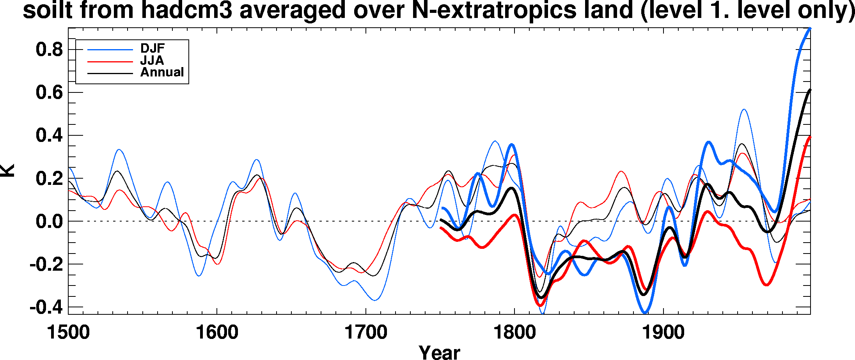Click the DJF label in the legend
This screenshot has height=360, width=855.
[x=153, y=48]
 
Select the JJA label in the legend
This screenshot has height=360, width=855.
[x=152, y=60]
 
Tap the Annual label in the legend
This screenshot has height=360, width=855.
[x=162, y=72]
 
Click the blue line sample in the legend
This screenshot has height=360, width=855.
[x=110, y=50]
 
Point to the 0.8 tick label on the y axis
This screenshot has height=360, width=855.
[x=49, y=50]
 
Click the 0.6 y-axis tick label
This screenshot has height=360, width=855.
[x=49, y=93]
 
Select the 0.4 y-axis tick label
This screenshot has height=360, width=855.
[x=49, y=136]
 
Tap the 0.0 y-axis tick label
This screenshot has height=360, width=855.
[x=49, y=222]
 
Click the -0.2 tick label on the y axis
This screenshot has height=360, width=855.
[x=46, y=264]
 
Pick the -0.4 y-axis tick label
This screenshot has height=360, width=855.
[x=46, y=307]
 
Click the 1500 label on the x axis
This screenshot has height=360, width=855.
[x=68, y=333]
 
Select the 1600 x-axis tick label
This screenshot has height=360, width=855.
[x=217, y=333]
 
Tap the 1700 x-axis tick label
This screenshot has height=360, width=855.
[x=365, y=333]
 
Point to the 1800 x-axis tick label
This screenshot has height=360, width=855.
[x=514, y=333]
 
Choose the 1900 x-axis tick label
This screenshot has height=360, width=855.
[x=663, y=333]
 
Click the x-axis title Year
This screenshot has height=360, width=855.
[x=439, y=352]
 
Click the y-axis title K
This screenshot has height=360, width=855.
[x=8, y=171]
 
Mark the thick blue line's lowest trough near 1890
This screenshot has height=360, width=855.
[x=645, y=312]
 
